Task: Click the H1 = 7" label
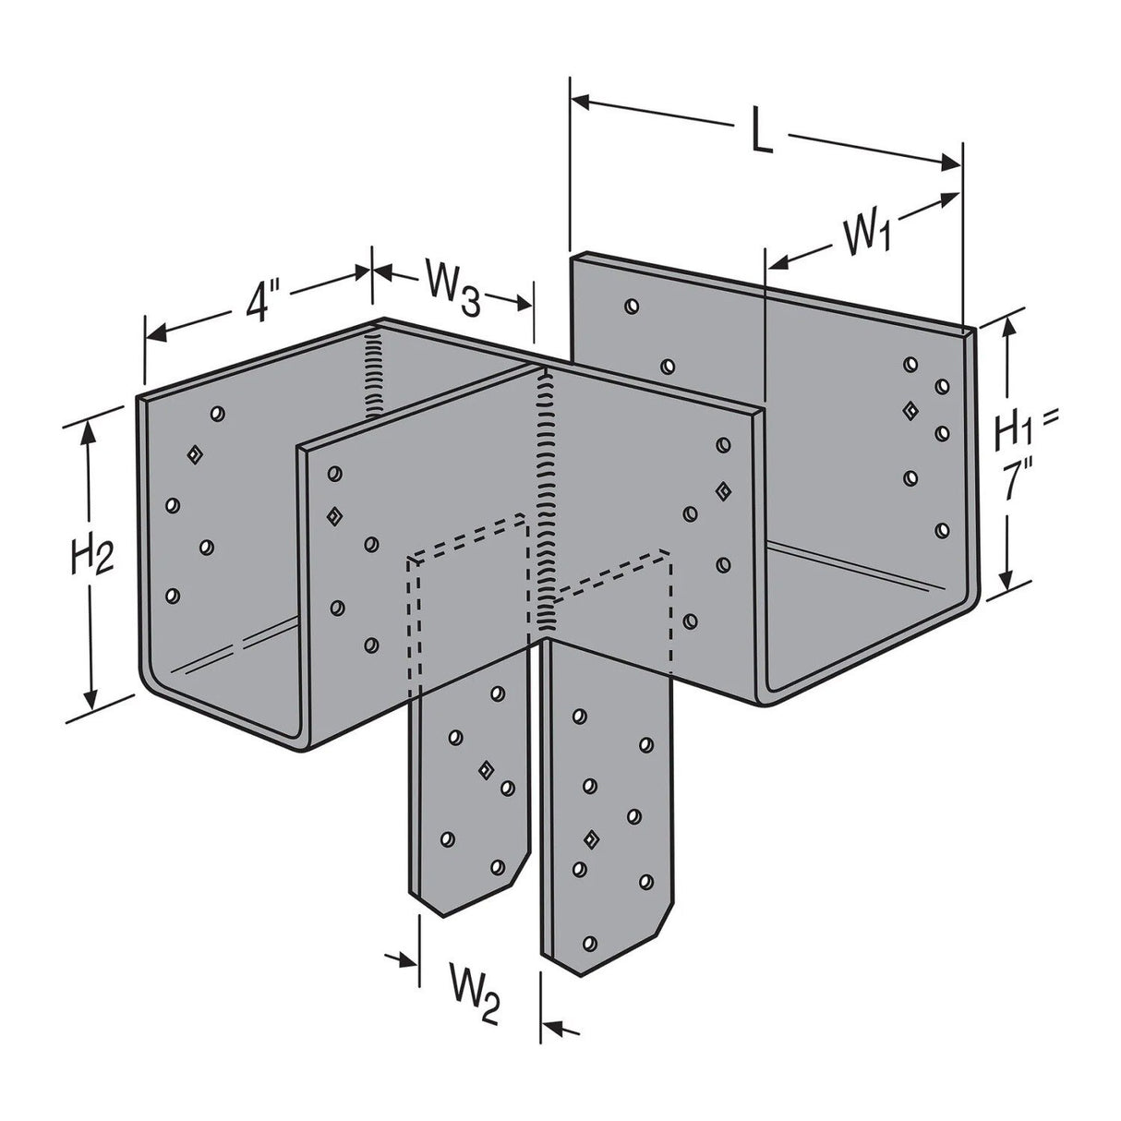(x=1025, y=452)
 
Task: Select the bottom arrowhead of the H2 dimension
(x=90, y=698)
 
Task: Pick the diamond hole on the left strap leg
(x=484, y=769)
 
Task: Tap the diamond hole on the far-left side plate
(x=194, y=453)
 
